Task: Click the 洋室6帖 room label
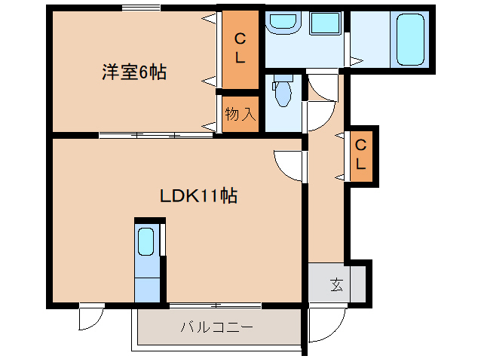pos(134,73)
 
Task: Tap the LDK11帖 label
pos(198,196)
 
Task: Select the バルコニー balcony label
pos(216,328)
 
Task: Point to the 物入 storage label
pos(240,115)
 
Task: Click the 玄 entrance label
pos(335,285)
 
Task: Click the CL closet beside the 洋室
pos(240,47)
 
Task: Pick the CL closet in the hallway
pos(360,155)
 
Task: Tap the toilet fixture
pos(283,94)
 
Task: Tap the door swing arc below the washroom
pos(320,90)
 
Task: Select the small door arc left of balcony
pos(90,318)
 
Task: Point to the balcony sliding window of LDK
pos(215,305)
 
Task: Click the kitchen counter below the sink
pos(147,286)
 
